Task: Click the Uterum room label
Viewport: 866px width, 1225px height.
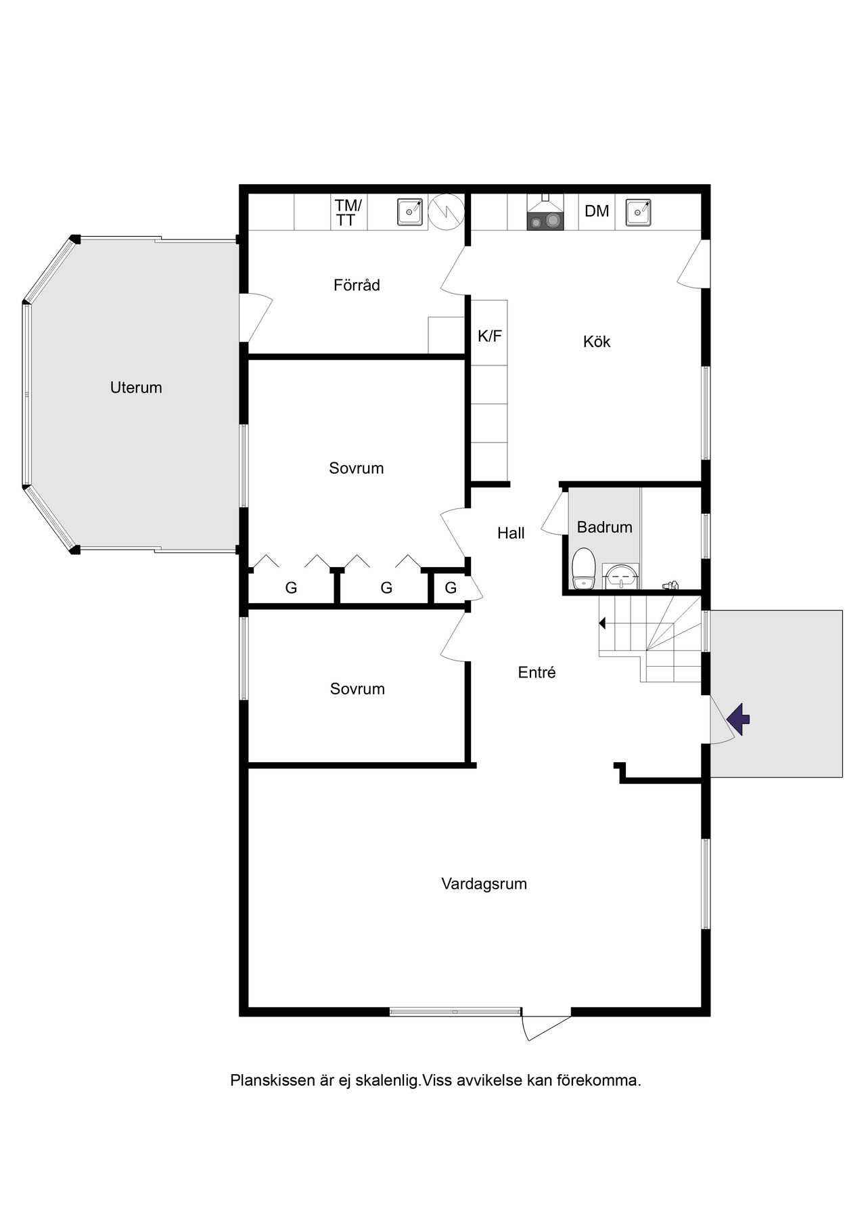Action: [136, 388]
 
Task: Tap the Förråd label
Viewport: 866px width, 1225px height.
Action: [357, 285]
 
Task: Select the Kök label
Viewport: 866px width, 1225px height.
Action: [597, 342]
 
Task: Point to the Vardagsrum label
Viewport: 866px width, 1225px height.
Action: [484, 883]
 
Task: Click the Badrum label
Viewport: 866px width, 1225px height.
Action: [605, 527]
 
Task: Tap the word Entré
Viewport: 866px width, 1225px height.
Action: [537, 672]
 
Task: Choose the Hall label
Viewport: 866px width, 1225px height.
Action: [511, 533]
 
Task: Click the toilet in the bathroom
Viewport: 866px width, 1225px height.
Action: [583, 569]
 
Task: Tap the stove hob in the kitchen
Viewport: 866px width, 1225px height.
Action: [545, 221]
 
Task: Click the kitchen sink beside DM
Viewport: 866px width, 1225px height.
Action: [638, 212]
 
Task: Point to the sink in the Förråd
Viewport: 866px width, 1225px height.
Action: [409, 212]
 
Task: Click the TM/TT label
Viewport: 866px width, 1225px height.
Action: [348, 212]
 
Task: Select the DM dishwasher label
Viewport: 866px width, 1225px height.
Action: [597, 211]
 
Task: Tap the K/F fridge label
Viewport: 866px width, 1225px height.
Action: [490, 336]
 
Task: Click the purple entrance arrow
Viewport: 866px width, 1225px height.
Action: [739, 719]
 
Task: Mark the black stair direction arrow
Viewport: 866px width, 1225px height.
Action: [602, 623]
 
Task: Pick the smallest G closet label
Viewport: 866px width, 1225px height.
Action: [451, 587]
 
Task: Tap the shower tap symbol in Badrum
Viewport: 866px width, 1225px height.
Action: [670, 585]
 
